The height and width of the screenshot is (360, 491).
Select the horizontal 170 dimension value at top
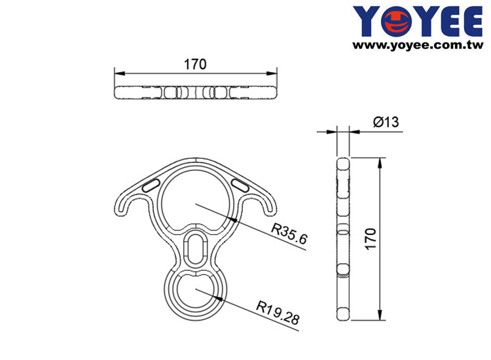[195, 64]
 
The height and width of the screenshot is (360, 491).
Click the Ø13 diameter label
[386, 122]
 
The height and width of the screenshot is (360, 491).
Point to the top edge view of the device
[196, 92]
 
